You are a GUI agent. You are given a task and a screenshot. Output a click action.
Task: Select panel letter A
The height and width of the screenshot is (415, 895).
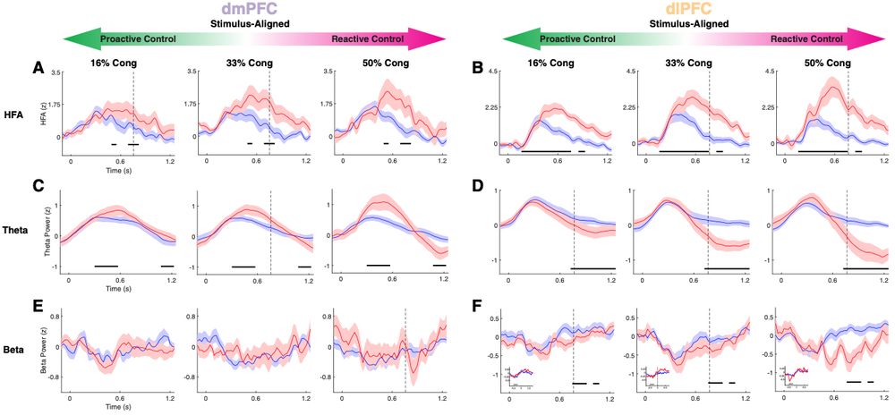click(x=38, y=67)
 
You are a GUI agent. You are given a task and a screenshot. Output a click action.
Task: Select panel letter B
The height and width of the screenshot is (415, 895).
click(x=476, y=67)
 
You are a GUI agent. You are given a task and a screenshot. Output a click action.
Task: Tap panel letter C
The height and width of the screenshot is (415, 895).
click(x=38, y=187)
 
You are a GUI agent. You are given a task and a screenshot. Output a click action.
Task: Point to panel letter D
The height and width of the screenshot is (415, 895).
click(x=476, y=187)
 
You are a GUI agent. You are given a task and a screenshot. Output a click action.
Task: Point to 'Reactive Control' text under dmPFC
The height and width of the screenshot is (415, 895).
click(x=367, y=39)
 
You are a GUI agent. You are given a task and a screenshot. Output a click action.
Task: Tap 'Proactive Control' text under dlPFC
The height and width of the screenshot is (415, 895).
click(x=582, y=39)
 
